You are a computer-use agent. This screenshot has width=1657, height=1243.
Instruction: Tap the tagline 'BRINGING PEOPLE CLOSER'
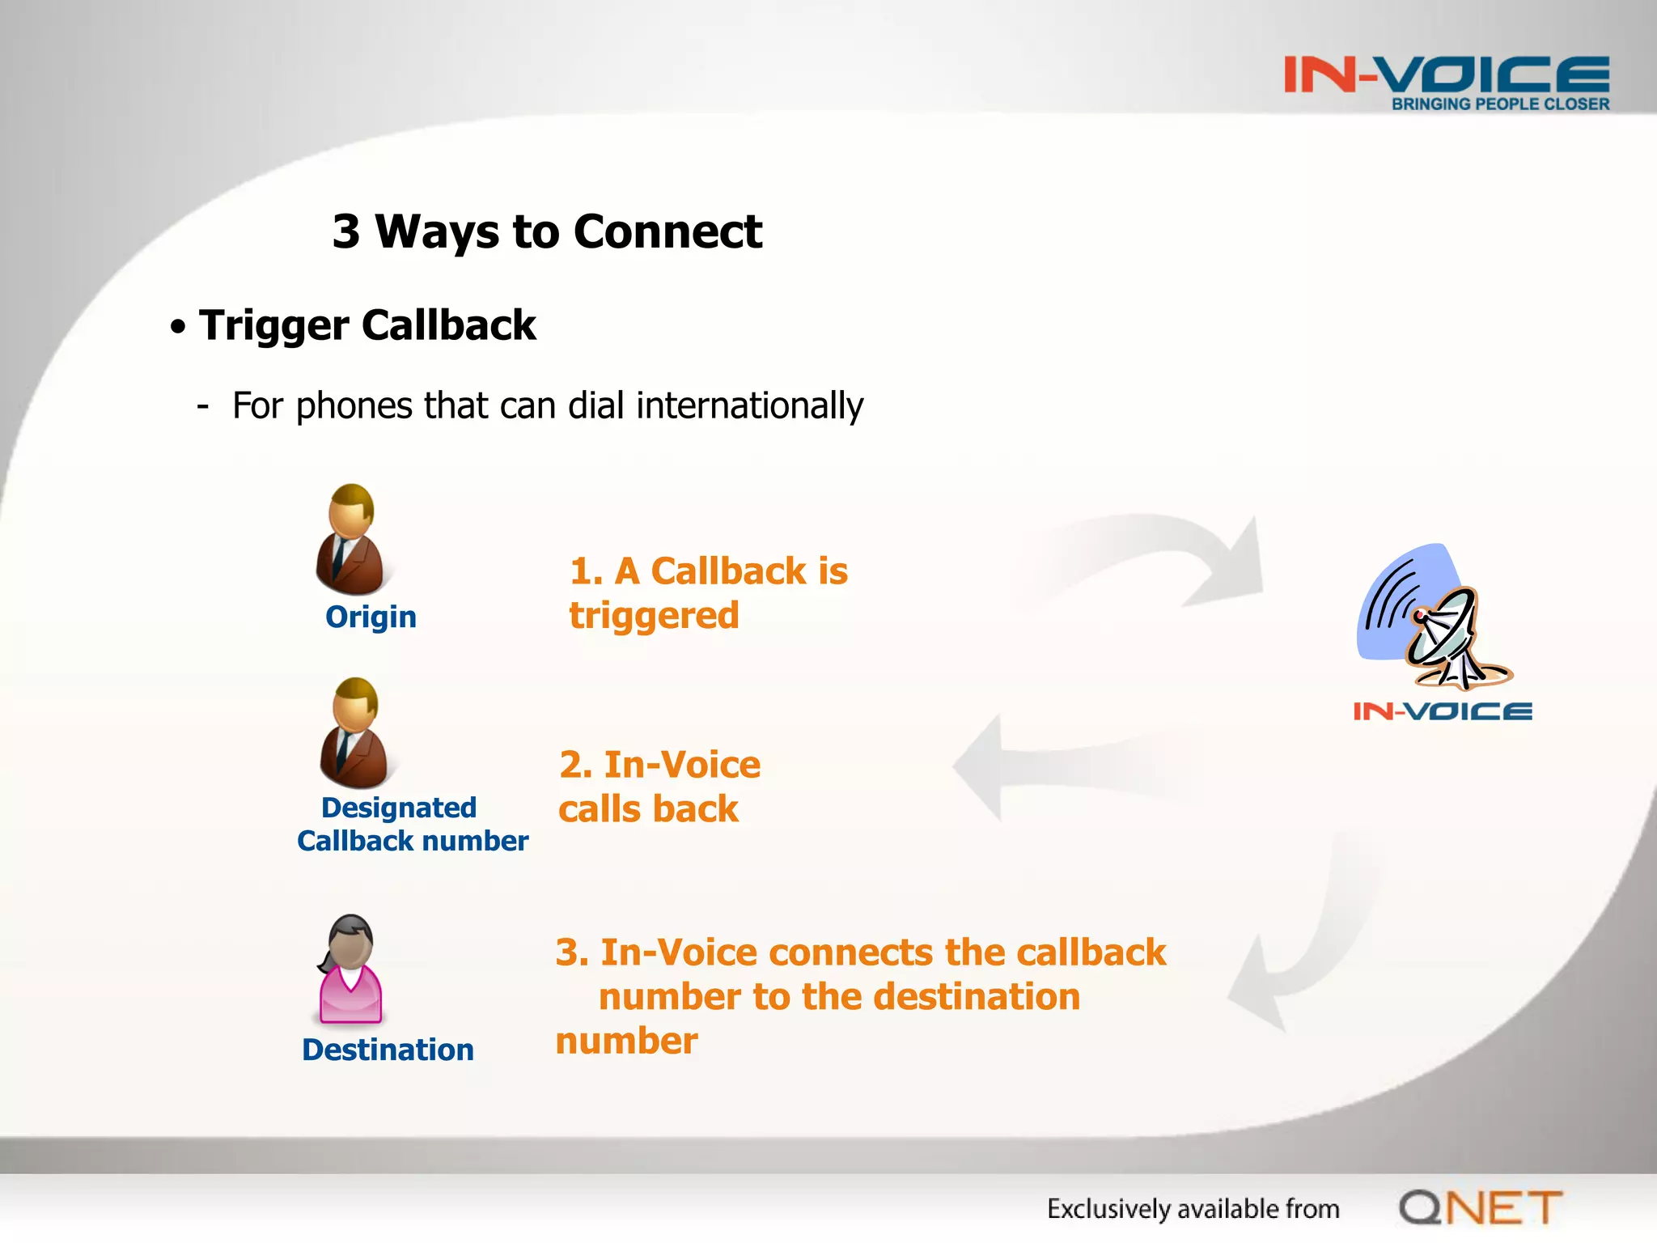pyautogui.click(x=1500, y=104)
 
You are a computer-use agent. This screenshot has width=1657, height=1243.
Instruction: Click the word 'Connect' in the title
pyautogui.click(x=667, y=232)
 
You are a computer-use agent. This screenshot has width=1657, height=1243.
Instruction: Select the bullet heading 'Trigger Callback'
pyautogui.click(x=367, y=325)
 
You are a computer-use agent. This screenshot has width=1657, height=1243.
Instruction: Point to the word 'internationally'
pyautogui.click(x=749, y=405)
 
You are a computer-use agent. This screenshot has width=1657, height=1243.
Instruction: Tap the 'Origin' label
pyautogui.click(x=371, y=617)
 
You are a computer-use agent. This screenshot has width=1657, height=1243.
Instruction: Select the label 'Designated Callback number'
pyautogui.click(x=412, y=824)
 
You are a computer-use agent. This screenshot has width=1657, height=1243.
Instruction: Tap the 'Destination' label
pyautogui.click(x=388, y=1050)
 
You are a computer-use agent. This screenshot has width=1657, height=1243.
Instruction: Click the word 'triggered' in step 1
pyautogui.click(x=654, y=616)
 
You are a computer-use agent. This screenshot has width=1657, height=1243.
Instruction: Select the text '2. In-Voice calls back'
pyautogui.click(x=659, y=787)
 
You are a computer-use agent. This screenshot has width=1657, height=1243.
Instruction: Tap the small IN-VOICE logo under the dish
pyautogui.click(x=1443, y=711)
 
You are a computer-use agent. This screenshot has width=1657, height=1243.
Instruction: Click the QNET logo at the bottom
pyautogui.click(x=1480, y=1207)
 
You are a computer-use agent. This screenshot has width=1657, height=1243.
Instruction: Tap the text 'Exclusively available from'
pyautogui.click(x=1193, y=1208)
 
